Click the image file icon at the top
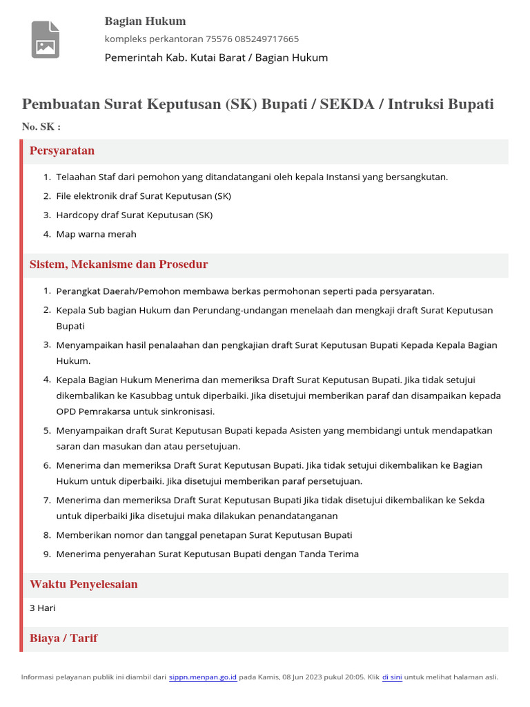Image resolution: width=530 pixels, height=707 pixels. (46, 39)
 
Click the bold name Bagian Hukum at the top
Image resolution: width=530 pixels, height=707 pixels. (145, 21)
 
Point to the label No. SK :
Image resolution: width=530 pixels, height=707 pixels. (41, 127)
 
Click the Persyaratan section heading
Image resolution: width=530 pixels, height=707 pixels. (62, 151)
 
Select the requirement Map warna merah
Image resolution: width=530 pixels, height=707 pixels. (97, 234)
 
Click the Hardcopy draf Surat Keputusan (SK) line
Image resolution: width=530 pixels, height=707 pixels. (135, 215)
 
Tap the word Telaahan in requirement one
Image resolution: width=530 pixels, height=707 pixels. (76, 177)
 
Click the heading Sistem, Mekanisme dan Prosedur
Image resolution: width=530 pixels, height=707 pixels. (119, 264)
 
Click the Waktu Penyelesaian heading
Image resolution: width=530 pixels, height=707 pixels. (84, 585)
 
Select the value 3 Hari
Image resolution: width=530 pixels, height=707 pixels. (43, 608)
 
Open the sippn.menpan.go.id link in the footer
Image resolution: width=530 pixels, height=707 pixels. (204, 677)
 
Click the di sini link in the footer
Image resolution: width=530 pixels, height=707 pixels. (392, 677)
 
